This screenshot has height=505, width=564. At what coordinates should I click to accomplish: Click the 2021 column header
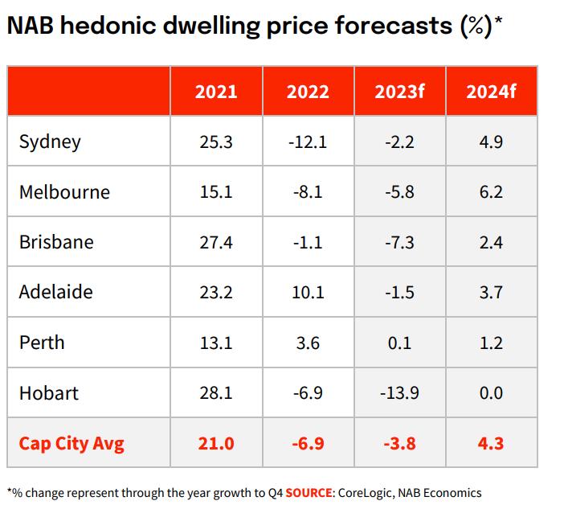click(x=216, y=92)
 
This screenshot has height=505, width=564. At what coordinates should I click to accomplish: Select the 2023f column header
click(x=399, y=92)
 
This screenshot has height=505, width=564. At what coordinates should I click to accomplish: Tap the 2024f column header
click(x=491, y=92)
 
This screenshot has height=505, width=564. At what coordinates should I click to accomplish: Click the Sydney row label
click(x=50, y=142)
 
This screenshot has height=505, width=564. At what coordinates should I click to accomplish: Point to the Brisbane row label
click(x=56, y=242)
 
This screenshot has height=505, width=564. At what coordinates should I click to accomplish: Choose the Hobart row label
click(x=49, y=393)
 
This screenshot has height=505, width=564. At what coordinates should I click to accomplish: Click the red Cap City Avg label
click(x=72, y=443)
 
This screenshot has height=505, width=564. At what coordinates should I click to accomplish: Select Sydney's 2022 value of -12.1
click(x=308, y=142)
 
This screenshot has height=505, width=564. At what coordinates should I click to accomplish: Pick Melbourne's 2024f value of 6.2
click(x=491, y=192)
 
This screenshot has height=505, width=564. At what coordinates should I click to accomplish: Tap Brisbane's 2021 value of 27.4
click(x=216, y=242)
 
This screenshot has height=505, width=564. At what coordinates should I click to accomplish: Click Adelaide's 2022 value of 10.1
click(x=308, y=293)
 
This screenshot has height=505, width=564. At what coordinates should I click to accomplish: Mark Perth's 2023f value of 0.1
click(x=399, y=343)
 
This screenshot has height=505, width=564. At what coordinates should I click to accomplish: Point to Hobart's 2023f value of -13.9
click(x=399, y=393)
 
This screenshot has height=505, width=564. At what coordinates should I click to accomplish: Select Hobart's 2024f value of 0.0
click(x=491, y=393)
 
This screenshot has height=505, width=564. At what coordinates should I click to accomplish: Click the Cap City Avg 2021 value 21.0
click(x=216, y=443)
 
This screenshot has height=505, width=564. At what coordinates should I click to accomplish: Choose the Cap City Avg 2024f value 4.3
click(x=491, y=443)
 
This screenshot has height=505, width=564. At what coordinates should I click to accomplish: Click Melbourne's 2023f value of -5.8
click(x=399, y=192)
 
